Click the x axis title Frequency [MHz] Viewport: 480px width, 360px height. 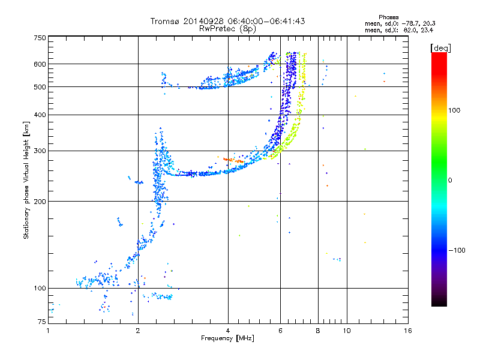click(x=227, y=339)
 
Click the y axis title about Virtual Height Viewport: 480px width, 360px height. click(x=26, y=181)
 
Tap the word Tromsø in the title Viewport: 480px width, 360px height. click(x=165, y=21)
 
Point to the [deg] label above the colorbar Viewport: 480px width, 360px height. click(x=440, y=47)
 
